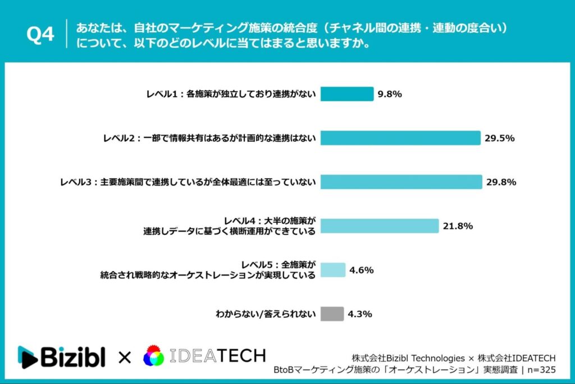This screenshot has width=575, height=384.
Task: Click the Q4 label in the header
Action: point(40,34)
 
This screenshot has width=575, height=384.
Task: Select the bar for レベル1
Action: point(346,94)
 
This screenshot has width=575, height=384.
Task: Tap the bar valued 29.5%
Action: point(400,138)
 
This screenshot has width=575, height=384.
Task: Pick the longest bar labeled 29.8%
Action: point(401,182)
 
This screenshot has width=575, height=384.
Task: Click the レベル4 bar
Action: point(379,226)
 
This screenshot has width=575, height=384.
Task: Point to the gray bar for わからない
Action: point(332,314)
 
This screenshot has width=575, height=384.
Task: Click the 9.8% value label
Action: point(390,94)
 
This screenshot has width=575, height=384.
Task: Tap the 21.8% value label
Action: point(458,226)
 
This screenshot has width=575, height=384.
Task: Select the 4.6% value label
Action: point(362,270)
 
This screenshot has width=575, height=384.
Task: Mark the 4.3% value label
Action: point(360,314)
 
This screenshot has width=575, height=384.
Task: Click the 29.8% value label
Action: point(501,182)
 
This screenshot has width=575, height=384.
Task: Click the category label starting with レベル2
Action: point(209,138)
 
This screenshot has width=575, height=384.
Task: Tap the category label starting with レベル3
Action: point(188,182)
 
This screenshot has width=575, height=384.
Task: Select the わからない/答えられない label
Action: point(266,314)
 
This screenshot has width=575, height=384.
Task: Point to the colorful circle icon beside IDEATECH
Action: point(153,356)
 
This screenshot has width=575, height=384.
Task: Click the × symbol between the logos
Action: point(125,357)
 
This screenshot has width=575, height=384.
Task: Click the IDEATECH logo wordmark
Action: point(217,356)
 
